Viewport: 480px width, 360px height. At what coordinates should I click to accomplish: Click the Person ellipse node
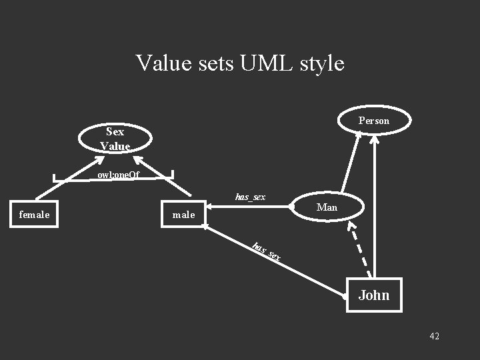[373, 121]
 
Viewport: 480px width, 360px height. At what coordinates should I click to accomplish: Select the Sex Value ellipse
[115, 138]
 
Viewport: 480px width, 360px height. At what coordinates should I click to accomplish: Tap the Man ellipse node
[327, 207]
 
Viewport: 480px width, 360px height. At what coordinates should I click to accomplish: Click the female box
[34, 215]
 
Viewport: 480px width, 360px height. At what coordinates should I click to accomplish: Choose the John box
[373, 295]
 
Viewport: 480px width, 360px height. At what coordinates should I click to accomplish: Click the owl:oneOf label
[118, 175]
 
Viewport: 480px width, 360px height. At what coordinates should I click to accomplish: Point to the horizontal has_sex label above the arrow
[250, 197]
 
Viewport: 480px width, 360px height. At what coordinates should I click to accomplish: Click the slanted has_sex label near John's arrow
[266, 252]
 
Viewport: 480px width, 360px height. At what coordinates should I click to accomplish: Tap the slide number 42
[434, 336]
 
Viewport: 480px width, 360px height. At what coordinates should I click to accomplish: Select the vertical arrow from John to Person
[376, 207]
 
